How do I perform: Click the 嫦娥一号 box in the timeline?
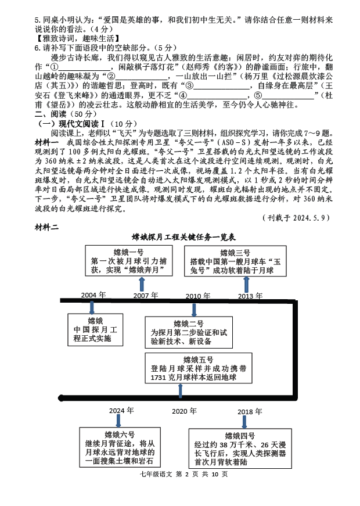pyautogui.click(x=125, y=261)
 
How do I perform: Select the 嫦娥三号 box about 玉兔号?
pyautogui.click(x=239, y=261)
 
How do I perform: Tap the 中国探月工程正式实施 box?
pyautogui.click(x=95, y=329)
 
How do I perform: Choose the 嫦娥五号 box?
pyautogui.click(x=198, y=368)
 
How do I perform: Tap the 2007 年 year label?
pyautogui.click(x=145, y=295)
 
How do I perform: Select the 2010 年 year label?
pyautogui.click(x=198, y=296)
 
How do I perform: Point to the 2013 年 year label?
pyautogui.click(x=250, y=296)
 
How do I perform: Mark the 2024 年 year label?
pyautogui.click(x=121, y=410)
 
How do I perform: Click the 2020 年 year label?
pyautogui.click(x=184, y=411)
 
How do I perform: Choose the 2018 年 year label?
pyautogui.click(x=250, y=411)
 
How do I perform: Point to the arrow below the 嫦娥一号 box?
pyautogui.click(x=142, y=284)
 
